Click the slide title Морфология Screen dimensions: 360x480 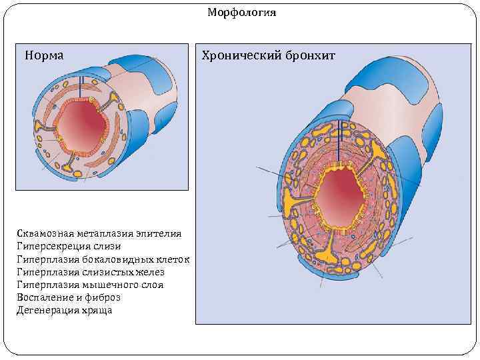[241, 13]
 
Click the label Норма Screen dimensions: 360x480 [44, 55]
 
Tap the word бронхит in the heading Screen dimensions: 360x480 [312, 55]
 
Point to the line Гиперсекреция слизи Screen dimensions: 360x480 [69, 246]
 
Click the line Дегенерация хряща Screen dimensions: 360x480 [64, 310]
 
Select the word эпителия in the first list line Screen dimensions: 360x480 [159, 233]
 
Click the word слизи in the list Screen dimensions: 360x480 [107, 246]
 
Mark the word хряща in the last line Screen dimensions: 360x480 [98, 310]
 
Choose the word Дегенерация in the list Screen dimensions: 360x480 [48, 310]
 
